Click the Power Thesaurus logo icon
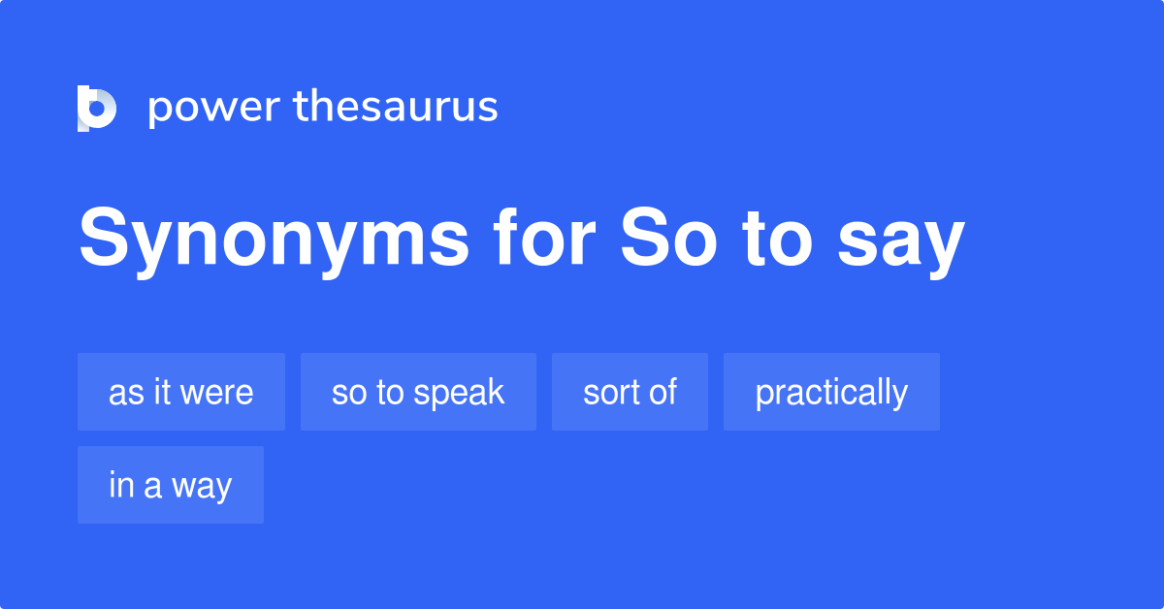pyautogui.click(x=97, y=108)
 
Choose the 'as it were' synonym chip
pyautogui.click(x=181, y=392)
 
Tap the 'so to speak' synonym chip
pyautogui.click(x=418, y=392)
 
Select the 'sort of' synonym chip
pyautogui.click(x=630, y=392)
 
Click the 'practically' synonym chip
pyautogui.click(x=831, y=392)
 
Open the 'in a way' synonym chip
pyautogui.click(x=171, y=485)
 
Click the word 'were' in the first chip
pyautogui.click(x=219, y=393)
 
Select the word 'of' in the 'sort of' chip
pyautogui.click(x=663, y=392)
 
